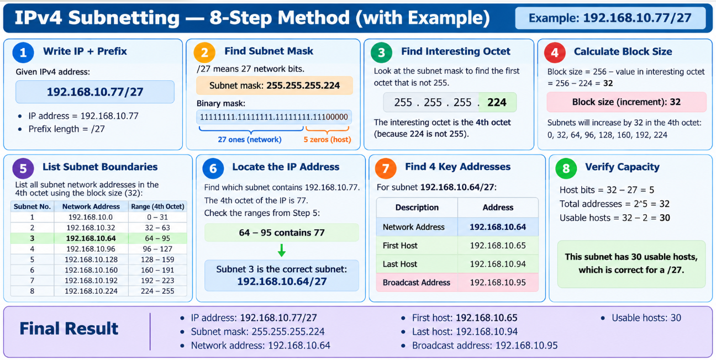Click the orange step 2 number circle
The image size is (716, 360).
click(x=204, y=52)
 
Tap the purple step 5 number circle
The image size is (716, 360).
click(x=23, y=168)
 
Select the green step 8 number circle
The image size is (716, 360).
click(x=566, y=168)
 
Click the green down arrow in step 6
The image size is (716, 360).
click(x=282, y=251)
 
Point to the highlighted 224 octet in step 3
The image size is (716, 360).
click(x=497, y=102)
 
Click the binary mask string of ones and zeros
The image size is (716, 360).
click(x=274, y=117)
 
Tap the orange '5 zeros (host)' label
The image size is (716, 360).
click(x=327, y=140)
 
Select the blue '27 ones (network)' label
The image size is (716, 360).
click(x=250, y=140)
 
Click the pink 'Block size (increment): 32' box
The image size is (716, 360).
click(x=626, y=102)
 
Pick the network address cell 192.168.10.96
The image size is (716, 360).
click(x=91, y=249)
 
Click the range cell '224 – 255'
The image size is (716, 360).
click(x=157, y=291)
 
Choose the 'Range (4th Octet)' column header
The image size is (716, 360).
click(x=157, y=207)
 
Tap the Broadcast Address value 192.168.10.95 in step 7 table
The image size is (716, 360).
click(x=498, y=282)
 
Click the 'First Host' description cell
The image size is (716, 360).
click(x=417, y=245)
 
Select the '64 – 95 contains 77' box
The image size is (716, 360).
click(x=282, y=232)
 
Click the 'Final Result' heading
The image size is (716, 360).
click(x=69, y=329)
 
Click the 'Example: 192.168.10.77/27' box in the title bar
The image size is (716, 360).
click(x=610, y=18)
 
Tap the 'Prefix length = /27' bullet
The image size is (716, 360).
click(x=62, y=129)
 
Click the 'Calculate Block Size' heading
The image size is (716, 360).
click(x=623, y=51)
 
